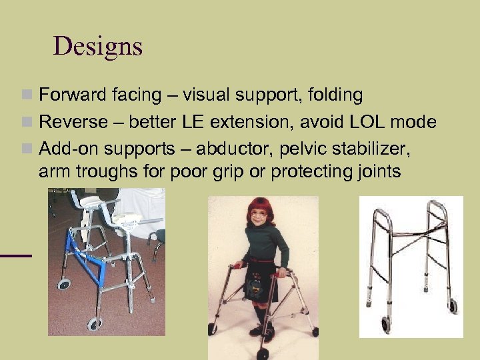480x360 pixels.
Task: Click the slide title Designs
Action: (x=98, y=46)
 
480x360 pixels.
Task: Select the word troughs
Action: (x=108, y=171)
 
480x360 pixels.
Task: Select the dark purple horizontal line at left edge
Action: (x=15, y=255)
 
